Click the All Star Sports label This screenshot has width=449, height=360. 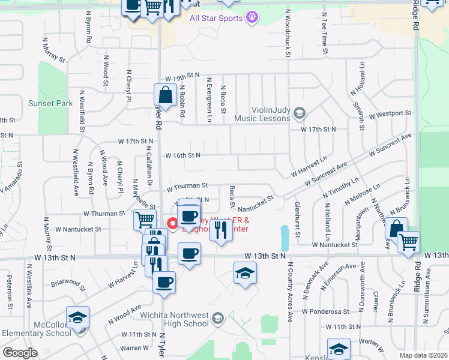click(216, 18)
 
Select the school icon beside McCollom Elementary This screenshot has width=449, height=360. click(77, 317)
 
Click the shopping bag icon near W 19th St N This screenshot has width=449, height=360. click(164, 95)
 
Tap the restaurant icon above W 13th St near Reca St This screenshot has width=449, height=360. click(221, 230)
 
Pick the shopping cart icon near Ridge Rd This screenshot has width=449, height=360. click(409, 242)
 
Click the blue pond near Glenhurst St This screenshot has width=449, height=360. click(283, 238)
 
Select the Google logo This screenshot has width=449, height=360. click(20, 353)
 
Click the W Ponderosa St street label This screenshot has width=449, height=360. click(325, 311)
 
